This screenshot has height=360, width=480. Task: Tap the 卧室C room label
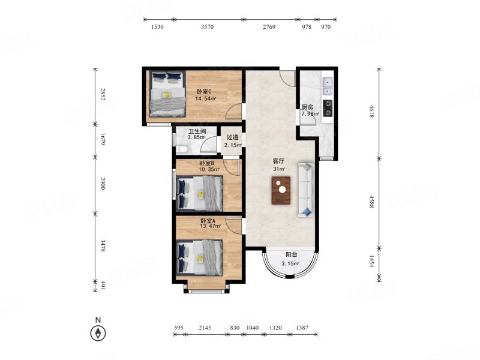204,92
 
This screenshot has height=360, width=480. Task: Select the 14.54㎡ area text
206,98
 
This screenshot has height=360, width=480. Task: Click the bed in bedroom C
167,94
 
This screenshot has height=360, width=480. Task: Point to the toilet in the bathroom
182,149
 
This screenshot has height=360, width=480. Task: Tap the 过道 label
232,138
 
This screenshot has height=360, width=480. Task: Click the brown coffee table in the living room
281,190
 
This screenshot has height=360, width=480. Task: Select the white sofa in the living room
306,190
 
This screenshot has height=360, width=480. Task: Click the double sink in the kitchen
327,86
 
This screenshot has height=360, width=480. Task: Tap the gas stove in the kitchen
328,109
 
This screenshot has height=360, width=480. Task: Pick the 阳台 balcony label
291,254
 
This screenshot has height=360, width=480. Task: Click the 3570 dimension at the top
207,27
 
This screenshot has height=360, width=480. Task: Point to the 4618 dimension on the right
371,112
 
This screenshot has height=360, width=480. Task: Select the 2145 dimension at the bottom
205,328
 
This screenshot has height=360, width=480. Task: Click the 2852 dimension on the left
103,94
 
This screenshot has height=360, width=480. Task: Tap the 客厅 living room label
278,161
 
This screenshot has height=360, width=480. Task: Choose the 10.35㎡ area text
209,169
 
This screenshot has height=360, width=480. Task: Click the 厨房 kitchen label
307,107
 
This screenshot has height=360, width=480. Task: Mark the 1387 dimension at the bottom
302,328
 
